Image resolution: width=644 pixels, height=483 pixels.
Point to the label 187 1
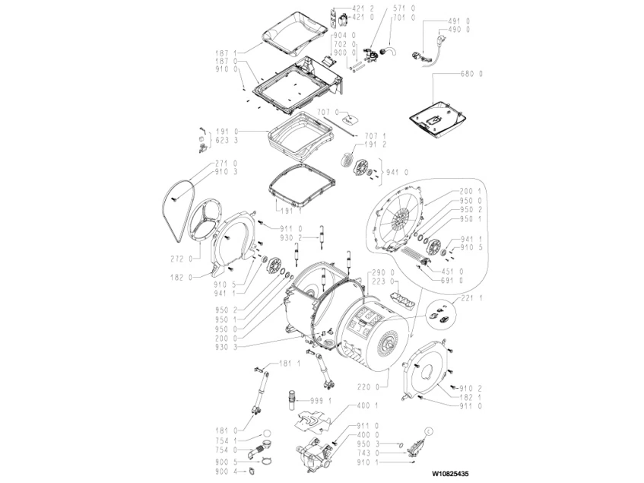pyautogui.click(x=226, y=52)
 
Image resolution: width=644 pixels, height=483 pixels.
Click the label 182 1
pyautogui.click(x=468, y=398)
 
